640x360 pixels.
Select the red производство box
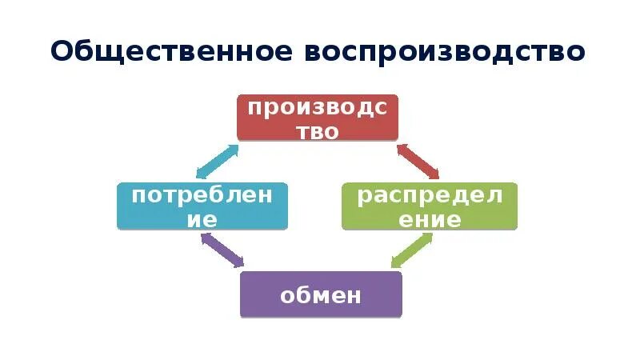[318, 118]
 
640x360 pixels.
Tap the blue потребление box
[202, 206]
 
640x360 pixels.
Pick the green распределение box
[430, 206]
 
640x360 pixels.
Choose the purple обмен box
[321, 294]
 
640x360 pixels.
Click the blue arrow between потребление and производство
[217, 162]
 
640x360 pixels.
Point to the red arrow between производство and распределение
[418, 161]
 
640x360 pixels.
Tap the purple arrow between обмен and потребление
[223, 251]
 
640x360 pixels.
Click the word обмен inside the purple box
[321, 295]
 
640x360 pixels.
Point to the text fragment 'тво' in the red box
[318, 132]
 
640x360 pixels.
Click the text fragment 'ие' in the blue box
[202, 220]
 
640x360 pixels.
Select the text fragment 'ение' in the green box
[430, 220]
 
